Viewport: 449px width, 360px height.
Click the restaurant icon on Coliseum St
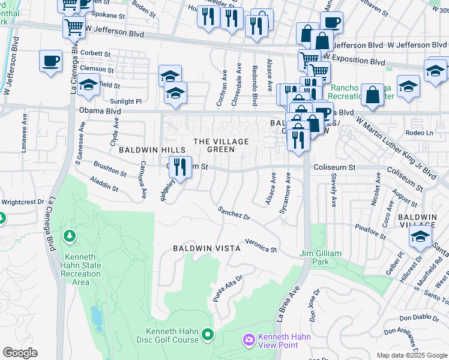(180, 166)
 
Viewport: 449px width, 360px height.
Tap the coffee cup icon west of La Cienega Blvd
(50, 60)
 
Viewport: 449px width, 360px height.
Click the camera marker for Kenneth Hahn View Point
(249, 341)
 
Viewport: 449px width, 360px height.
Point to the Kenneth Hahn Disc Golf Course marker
(208, 334)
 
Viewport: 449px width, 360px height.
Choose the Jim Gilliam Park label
(323, 258)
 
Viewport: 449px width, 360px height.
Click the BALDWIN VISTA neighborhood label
(206, 248)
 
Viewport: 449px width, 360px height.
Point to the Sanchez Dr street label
(234, 212)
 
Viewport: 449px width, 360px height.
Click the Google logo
(20, 353)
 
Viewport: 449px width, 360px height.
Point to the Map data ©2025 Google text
(411, 355)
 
